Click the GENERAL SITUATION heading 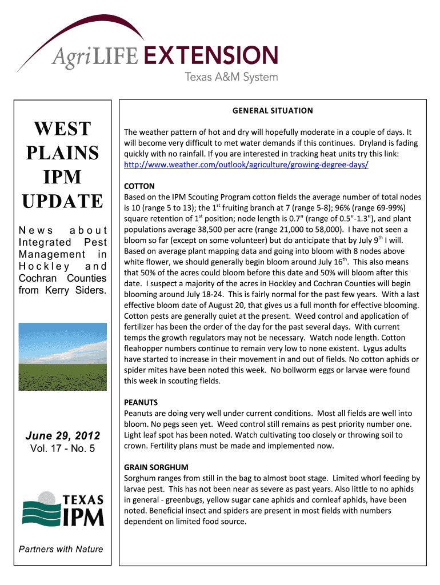click(273, 110)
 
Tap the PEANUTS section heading click(141, 402)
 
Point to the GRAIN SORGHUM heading click(156, 467)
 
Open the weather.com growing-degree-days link click(246, 165)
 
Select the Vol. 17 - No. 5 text click(63, 448)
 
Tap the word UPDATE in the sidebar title click(63, 201)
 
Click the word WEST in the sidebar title click(63, 129)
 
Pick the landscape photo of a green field click(63, 356)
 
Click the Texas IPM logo click(63, 509)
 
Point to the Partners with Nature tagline click(61, 549)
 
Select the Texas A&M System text click(231, 77)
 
